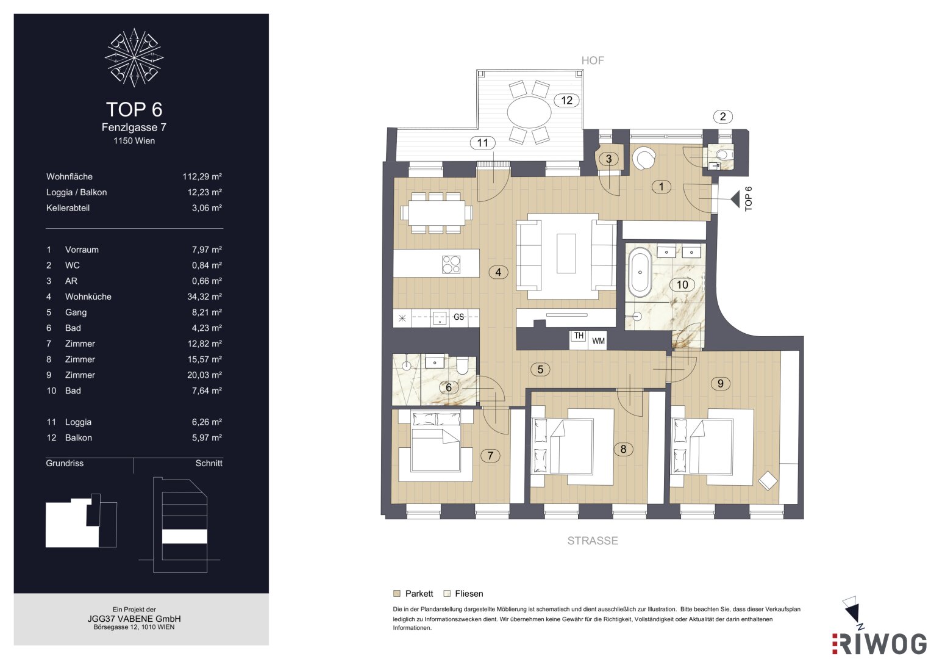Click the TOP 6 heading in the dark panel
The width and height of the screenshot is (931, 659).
tap(134, 109)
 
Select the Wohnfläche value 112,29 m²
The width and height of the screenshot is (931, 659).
tap(202, 176)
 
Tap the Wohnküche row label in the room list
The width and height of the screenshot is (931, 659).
tap(88, 297)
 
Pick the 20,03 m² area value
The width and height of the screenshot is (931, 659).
tap(204, 375)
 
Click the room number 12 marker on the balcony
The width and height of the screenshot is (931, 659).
tap(566, 100)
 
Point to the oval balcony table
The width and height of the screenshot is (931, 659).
tap(529, 112)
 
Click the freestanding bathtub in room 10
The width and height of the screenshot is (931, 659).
tap(640, 272)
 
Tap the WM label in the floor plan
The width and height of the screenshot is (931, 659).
tap(598, 341)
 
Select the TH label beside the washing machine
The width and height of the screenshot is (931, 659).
tap(579, 336)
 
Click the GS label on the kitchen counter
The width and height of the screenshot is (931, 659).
tap(458, 317)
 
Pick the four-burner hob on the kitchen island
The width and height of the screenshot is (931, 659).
tap(451, 264)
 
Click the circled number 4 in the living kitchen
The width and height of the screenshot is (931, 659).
tap(498, 272)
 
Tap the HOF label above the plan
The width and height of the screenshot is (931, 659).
tap(592, 61)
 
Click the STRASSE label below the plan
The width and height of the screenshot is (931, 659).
tap(593, 541)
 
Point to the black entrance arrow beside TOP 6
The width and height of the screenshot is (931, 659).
tap(735, 199)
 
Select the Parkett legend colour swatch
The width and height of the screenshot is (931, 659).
tap(397, 593)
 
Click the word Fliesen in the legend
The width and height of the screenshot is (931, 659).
tap(469, 594)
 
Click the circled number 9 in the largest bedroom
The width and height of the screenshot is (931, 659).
tap(720, 383)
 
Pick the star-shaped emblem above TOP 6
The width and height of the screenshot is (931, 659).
tap(134, 57)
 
